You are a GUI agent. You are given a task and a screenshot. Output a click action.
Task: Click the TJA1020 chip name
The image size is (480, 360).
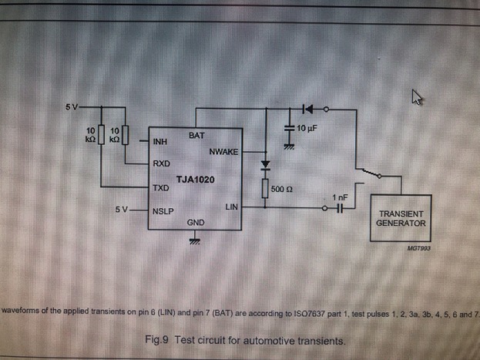click(x=195, y=180)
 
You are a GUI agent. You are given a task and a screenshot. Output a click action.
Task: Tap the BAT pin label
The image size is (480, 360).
click(x=196, y=135)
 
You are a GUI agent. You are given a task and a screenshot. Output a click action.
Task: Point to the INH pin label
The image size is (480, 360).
click(x=160, y=142)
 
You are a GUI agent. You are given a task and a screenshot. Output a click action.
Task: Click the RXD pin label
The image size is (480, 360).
click(x=161, y=163)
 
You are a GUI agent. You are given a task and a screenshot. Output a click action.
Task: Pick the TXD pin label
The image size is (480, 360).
click(x=161, y=187)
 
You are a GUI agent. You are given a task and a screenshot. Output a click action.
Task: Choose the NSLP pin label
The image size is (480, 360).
click(x=163, y=209)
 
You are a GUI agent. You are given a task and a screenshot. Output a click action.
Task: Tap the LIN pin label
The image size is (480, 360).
click(x=232, y=207)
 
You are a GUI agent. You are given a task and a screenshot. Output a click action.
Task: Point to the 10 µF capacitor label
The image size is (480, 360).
click(x=307, y=127)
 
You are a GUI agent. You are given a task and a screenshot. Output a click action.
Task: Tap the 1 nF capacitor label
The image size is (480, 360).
click(x=340, y=197)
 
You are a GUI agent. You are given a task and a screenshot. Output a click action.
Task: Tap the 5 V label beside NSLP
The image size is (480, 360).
click(x=123, y=209)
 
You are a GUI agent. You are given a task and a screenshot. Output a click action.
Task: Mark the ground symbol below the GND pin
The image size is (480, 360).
click(x=196, y=241)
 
